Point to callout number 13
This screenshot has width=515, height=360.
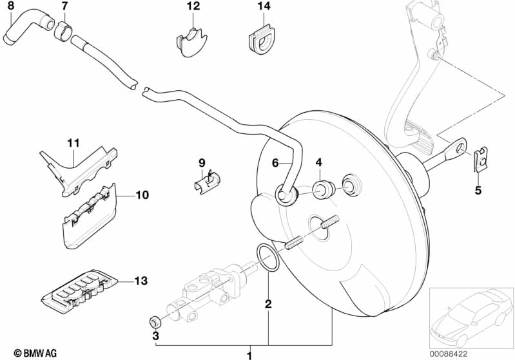point(141,281)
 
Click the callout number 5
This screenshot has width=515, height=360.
point(478,190)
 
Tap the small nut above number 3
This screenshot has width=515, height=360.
point(155,321)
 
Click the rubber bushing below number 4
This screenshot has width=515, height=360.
point(322,189)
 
